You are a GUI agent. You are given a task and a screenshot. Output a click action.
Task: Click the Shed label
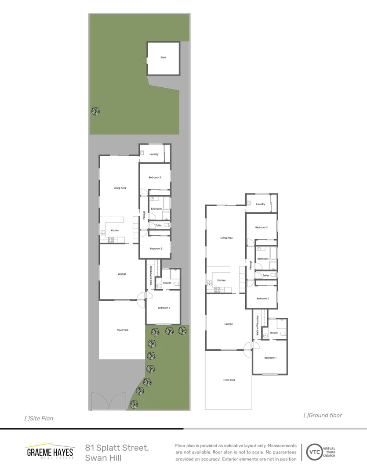pos(163,57)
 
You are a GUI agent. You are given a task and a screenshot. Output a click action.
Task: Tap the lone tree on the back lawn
pos(95,111)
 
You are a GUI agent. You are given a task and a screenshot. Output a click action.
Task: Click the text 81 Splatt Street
pos(117,448)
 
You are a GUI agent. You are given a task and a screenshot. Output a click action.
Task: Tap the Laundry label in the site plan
pos(154,154)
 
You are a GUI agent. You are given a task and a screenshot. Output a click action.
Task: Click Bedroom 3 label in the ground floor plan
pos(261,227)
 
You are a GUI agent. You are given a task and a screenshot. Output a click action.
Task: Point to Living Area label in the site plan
pos(120,188)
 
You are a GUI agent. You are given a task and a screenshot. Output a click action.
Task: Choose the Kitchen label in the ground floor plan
pos(222,280)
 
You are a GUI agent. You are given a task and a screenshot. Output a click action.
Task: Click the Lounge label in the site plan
pos(122,274)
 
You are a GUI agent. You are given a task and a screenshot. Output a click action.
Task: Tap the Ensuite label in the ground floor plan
pos(273,333)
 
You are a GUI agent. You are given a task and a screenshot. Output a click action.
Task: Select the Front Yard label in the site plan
pos(122,330)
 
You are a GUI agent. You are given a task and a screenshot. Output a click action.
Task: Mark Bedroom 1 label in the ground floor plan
pos(270,358)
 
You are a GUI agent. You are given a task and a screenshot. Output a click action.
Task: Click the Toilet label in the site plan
pos(158,225)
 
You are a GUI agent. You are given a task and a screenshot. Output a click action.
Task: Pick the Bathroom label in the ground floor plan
pos(263,259)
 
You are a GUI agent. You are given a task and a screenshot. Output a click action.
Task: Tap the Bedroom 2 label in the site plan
pos(156,249)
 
